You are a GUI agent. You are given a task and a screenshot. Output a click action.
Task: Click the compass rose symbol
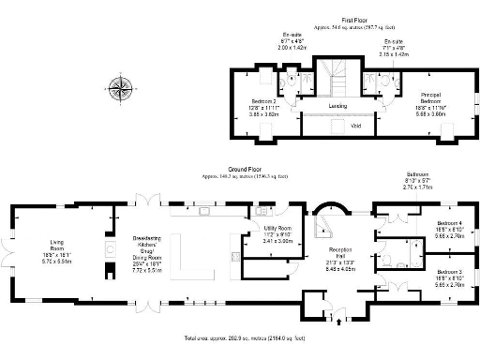pos(120,89)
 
